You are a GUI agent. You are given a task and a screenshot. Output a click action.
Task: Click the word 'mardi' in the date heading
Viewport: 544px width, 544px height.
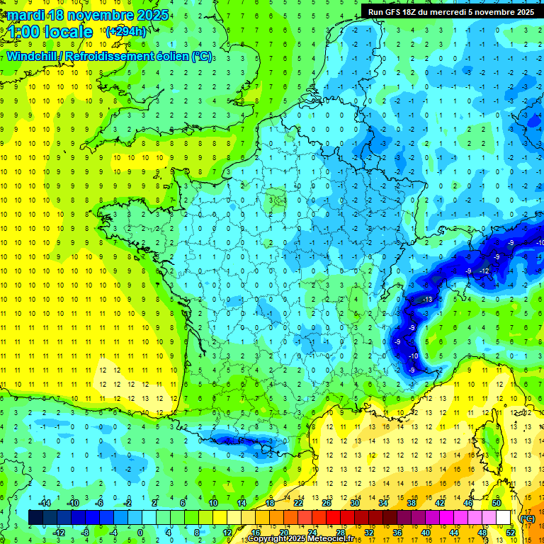click(23, 15)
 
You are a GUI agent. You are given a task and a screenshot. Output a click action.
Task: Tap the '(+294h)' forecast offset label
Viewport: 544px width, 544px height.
click(125, 31)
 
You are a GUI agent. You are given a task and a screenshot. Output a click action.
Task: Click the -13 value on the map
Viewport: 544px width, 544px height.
click(426, 300)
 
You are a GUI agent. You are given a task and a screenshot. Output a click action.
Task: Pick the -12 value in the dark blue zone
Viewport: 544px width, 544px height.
click(484, 271)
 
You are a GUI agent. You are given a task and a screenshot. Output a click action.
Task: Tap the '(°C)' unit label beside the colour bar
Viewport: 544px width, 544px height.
click(528, 518)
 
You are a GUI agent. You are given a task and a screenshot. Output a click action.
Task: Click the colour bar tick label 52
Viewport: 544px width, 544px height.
click(511, 533)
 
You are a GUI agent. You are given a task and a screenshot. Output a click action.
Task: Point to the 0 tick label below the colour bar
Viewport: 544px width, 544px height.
click(140, 533)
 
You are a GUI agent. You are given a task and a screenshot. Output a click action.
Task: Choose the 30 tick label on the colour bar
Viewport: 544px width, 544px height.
click(354, 503)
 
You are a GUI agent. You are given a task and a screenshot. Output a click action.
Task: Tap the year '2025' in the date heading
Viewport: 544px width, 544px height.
click(152, 15)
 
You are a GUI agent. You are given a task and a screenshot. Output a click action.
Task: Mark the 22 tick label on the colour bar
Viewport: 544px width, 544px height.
click(298, 503)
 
